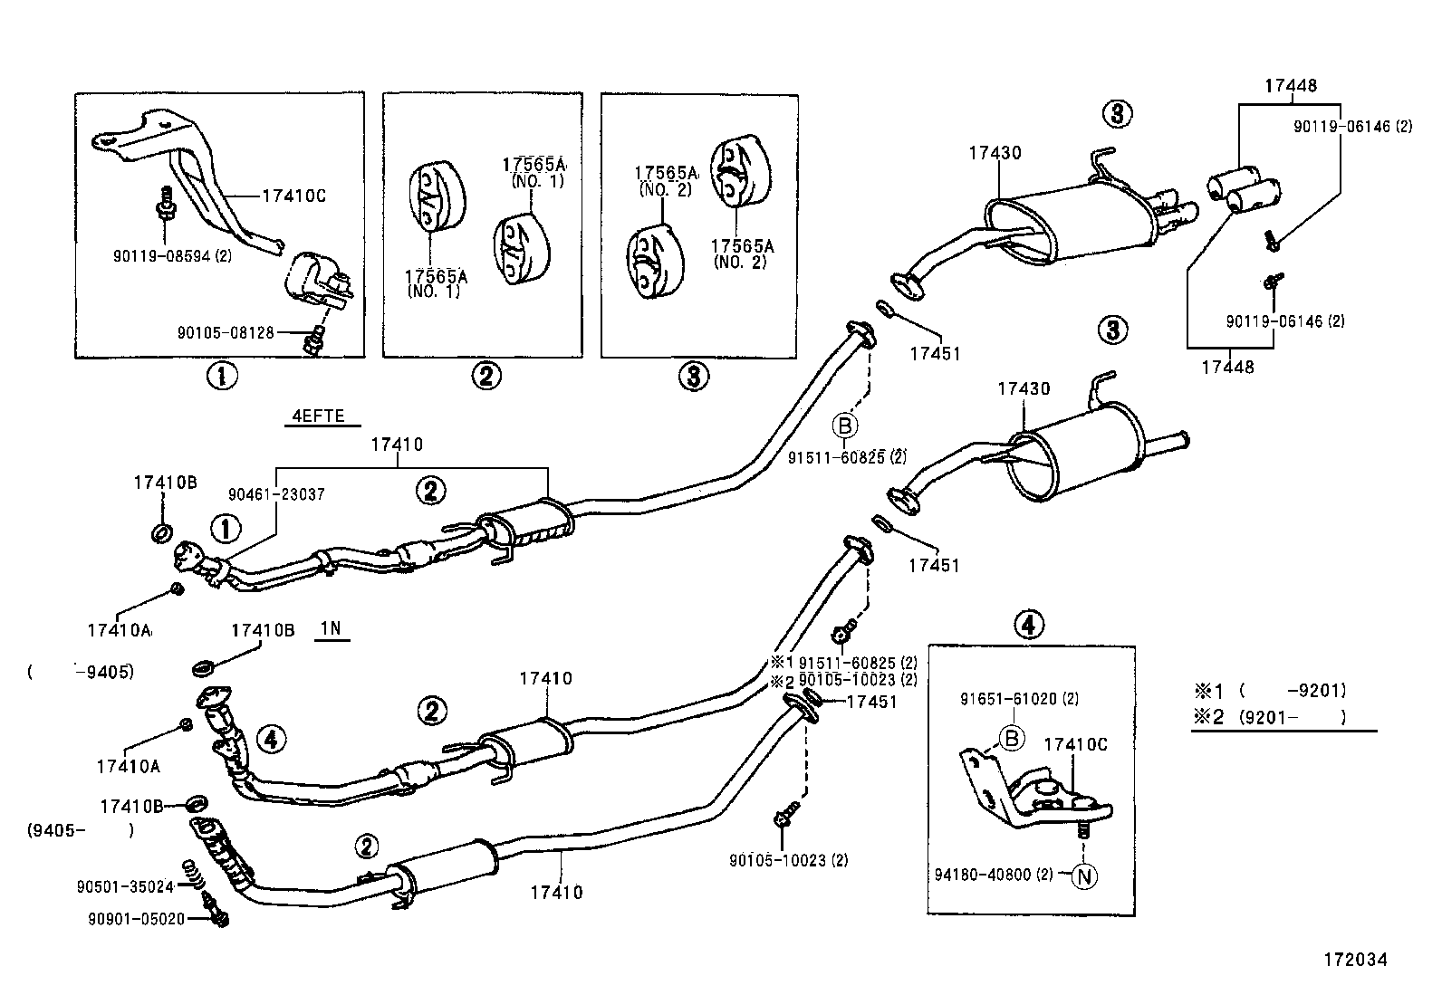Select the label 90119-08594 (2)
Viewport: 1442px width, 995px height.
(172, 255)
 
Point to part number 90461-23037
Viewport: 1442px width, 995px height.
(276, 494)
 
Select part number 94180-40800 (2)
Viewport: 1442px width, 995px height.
(994, 875)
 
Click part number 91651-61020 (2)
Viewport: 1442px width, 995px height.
(1019, 699)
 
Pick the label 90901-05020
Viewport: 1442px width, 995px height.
(136, 919)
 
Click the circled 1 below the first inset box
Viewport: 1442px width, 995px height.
(221, 375)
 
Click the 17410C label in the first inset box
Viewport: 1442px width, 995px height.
(293, 194)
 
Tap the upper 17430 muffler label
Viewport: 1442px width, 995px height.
(994, 153)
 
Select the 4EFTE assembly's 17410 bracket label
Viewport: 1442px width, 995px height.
(396, 445)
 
